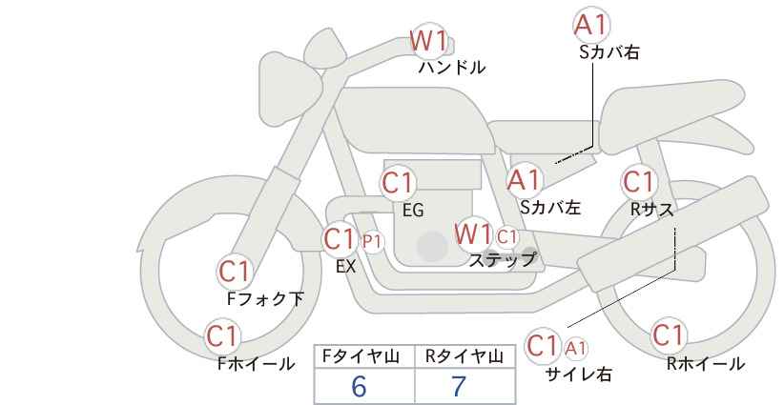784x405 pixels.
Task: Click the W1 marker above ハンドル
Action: click(428, 41)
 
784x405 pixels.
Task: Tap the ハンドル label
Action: click(452, 68)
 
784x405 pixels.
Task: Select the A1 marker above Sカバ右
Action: click(592, 26)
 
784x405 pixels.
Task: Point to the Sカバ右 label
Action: click(609, 53)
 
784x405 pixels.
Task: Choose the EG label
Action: click(413, 211)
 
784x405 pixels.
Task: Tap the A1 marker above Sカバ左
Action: click(524, 179)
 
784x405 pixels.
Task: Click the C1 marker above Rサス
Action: click(639, 181)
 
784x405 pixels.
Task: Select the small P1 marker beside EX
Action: click(372, 241)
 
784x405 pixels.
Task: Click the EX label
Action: click(346, 267)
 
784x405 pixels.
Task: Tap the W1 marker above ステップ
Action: click(474, 233)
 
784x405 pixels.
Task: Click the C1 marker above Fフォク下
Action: click(235, 272)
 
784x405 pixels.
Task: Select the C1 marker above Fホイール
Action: click(223, 336)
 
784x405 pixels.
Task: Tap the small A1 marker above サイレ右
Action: click(576, 348)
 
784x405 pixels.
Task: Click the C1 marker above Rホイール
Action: click(668, 335)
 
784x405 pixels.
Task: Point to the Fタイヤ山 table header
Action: click(363, 356)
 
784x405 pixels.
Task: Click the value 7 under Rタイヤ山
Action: click(460, 386)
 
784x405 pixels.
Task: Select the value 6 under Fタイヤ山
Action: click(359, 386)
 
